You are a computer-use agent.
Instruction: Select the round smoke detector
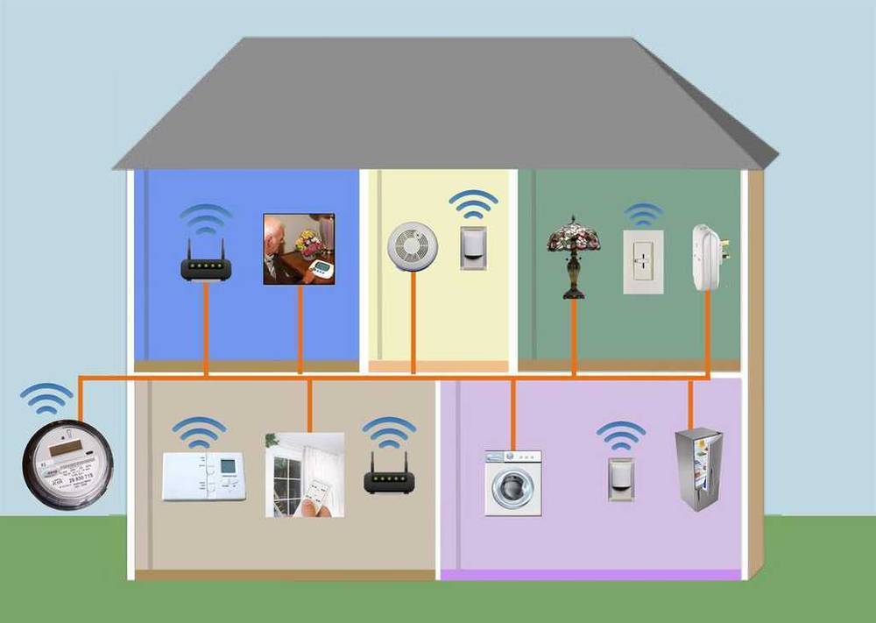pos(411,244)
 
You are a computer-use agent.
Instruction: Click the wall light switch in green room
pos(643,261)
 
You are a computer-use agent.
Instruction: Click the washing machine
pos(513,482)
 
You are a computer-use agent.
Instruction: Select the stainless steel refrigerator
pos(698,469)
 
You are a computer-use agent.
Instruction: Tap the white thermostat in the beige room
pos(203,476)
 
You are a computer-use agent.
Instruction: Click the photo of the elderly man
pos(299,249)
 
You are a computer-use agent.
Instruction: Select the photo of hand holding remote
pos(304,474)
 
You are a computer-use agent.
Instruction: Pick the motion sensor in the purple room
pos(621,478)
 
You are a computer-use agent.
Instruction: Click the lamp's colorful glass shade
pos(573,235)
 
